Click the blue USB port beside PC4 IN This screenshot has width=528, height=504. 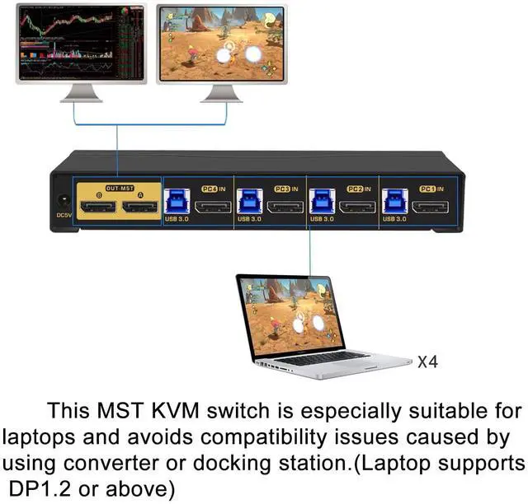coord(176,201)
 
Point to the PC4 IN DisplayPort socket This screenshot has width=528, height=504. coord(212,203)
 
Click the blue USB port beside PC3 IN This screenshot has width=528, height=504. coord(248,201)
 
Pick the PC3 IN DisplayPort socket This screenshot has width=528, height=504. coord(285,203)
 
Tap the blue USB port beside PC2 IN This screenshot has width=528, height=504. coord(321,201)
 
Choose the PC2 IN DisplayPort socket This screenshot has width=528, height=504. coord(357,203)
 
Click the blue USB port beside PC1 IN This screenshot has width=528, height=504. coord(394,201)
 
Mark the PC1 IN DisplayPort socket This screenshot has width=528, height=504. coord(430,203)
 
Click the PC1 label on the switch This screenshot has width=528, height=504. coord(427,188)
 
